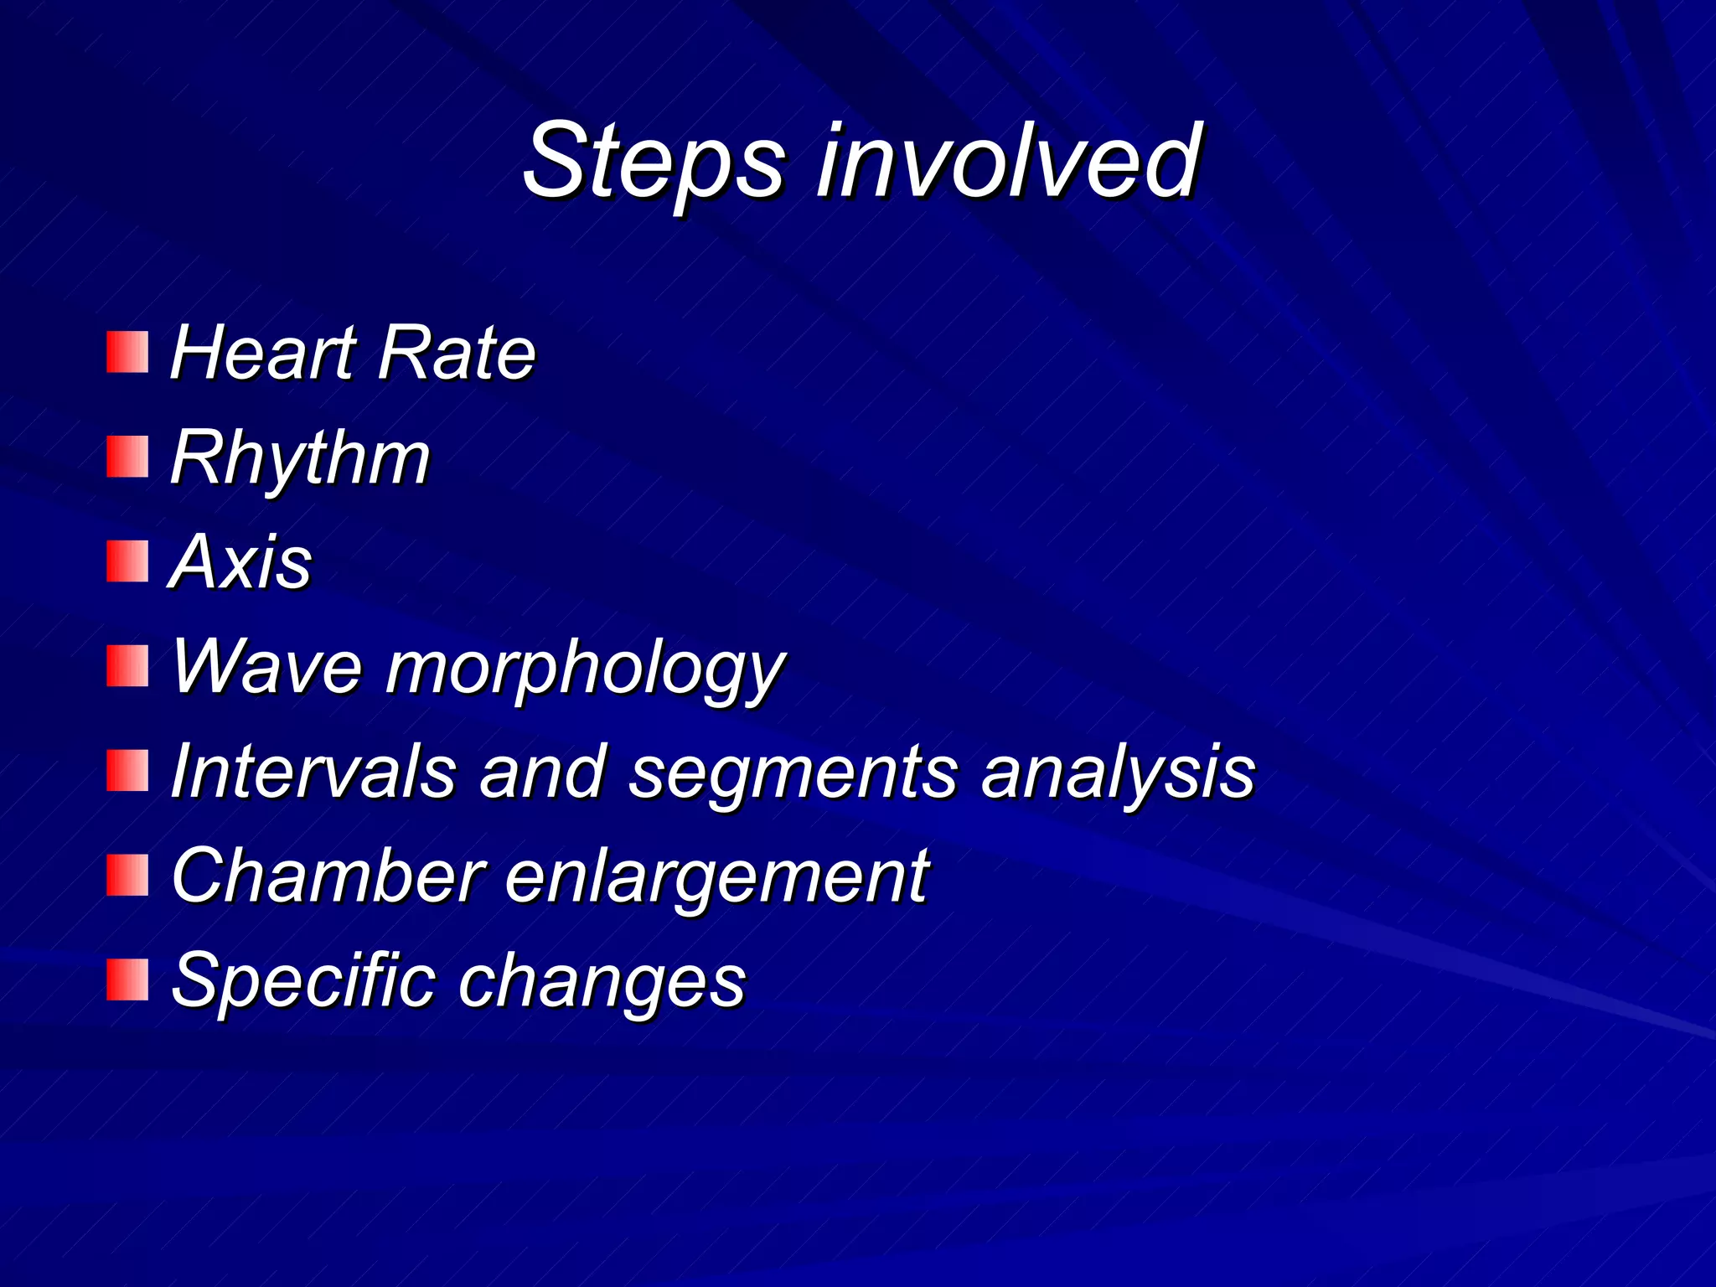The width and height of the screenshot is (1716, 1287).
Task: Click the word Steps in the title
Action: coord(654,161)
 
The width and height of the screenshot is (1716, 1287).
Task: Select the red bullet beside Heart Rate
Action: coord(127,352)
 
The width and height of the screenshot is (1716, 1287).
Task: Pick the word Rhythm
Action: coord(300,459)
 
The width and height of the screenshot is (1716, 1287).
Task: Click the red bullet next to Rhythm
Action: coord(127,457)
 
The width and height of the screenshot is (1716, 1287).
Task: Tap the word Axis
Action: coord(240,561)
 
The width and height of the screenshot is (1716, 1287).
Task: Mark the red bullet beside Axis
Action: coord(127,561)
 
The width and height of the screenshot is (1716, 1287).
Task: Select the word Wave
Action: coord(266,668)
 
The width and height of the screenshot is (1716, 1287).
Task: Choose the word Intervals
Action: coord(313,771)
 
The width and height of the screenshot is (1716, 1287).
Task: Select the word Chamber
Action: coord(328,876)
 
